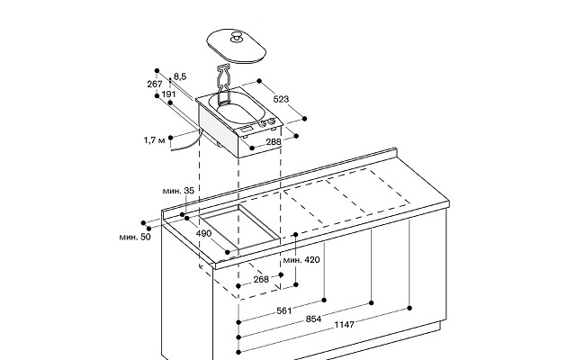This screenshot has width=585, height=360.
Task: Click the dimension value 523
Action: (x=281, y=99)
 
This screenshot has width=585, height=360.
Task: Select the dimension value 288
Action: (x=274, y=142)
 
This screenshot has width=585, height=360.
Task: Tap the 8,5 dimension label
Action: (x=180, y=76)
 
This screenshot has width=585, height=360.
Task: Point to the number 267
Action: (x=155, y=84)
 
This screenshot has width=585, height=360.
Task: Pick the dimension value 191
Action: (x=168, y=94)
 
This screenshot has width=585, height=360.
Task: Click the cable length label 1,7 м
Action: (x=154, y=140)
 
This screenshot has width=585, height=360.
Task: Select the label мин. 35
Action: (x=178, y=191)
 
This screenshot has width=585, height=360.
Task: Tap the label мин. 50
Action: (x=135, y=237)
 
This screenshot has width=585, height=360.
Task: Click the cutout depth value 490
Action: (x=203, y=233)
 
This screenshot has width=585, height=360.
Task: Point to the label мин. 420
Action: (x=301, y=259)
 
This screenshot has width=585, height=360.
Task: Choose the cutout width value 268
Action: (x=261, y=279)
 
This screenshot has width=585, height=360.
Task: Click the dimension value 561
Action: (x=284, y=310)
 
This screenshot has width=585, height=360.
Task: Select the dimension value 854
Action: (x=313, y=319)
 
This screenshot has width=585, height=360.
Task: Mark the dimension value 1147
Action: (x=344, y=325)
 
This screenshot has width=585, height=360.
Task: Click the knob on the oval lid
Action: (x=237, y=37)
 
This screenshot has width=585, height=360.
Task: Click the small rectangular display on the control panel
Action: (x=247, y=129)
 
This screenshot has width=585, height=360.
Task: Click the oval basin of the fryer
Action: (x=238, y=108)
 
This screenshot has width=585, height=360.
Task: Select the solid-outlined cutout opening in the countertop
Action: (x=239, y=227)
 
